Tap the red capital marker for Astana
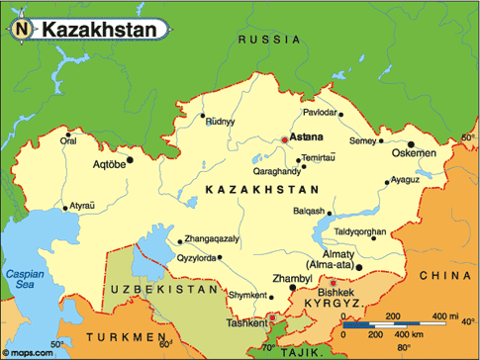tap(285, 140)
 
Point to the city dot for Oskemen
tap(410, 144)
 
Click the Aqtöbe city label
tap(110, 163)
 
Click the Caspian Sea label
tap(21, 278)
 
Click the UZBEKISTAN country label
tap(162, 289)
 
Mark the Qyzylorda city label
tap(195, 259)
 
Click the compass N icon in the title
tap(21, 31)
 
